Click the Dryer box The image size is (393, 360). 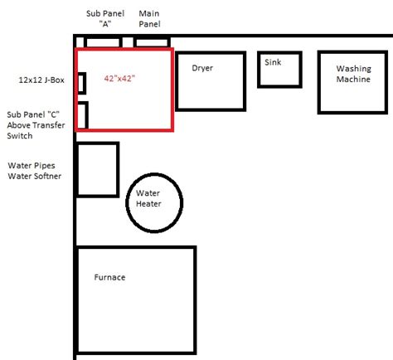tap(211, 81)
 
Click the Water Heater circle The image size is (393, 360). tap(154, 200)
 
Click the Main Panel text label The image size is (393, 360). tap(150, 18)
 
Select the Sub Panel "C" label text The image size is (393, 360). tap(35, 124)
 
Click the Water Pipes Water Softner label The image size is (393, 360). tap(35, 170)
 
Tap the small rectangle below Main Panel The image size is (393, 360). tap(153, 41)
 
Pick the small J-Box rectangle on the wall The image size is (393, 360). tap(81, 82)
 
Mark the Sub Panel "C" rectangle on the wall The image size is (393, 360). tap(82, 114)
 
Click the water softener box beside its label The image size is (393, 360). tap(97, 169)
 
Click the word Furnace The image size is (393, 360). tap(109, 277)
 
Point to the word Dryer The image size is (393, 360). tap(203, 68)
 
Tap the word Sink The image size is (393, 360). tap(273, 61)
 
